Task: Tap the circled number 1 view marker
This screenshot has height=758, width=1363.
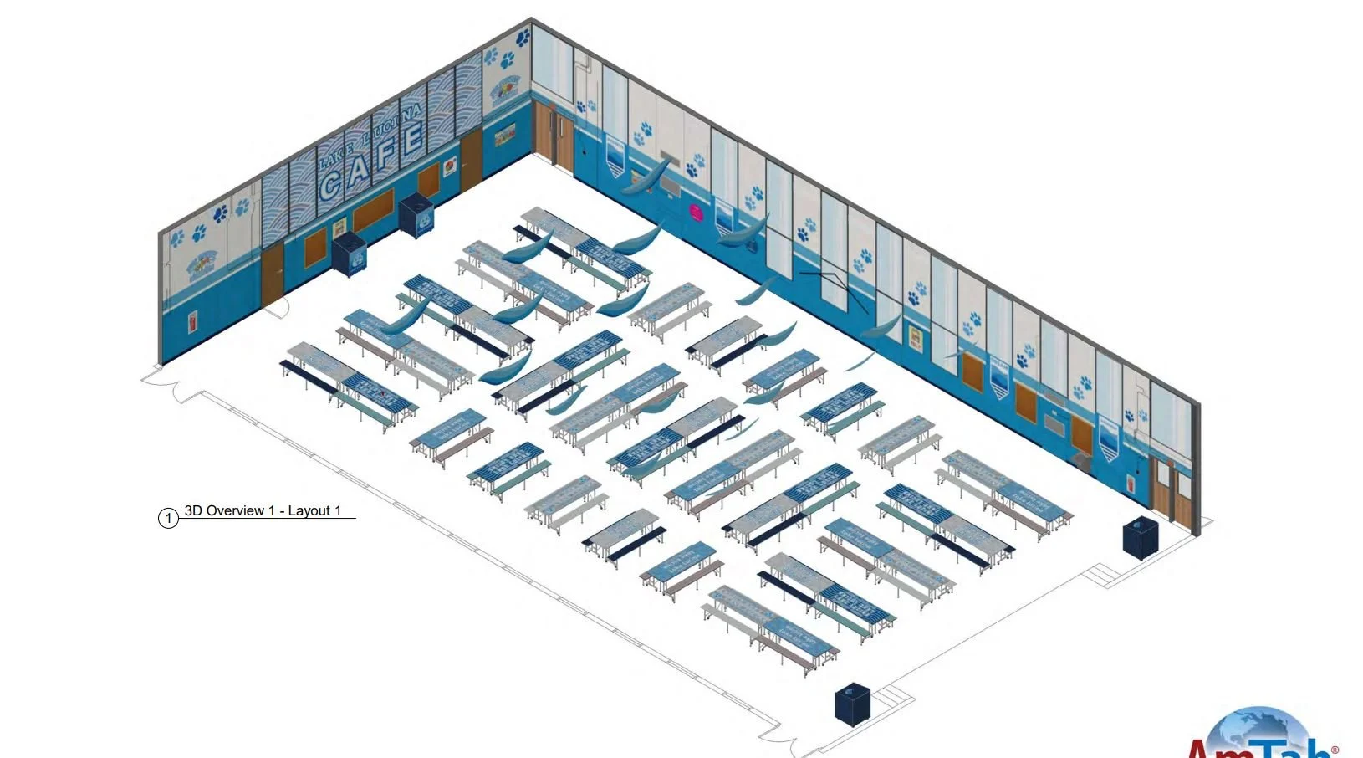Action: [168, 518]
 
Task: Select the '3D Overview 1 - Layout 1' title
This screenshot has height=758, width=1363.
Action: [263, 510]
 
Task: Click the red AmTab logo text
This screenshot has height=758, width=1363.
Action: [1254, 749]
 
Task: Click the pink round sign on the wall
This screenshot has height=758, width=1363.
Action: [694, 210]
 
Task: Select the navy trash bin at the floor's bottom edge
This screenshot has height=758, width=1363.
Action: [853, 704]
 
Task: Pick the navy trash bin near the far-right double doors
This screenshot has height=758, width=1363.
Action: [1140, 537]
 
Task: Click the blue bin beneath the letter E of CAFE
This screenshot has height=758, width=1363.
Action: [416, 215]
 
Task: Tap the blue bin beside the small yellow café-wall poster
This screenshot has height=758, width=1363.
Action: [350, 253]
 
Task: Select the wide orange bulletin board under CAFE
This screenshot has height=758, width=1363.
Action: [373, 209]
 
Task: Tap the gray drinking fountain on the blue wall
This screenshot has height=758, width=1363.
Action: [1084, 458]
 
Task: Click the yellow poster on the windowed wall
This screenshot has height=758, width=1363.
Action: [916, 336]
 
